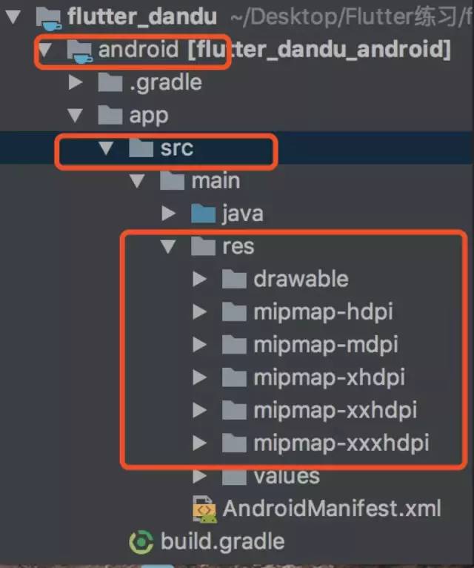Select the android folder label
click(138, 50)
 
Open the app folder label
click(148, 115)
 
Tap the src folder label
click(176, 148)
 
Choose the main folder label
click(216, 180)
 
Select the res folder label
click(238, 246)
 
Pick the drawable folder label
click(301, 279)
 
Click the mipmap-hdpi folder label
click(323, 311)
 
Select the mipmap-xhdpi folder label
click(329, 377)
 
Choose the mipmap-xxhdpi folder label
click(335, 409)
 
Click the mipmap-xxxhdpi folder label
click(341, 443)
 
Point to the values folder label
click(287, 475)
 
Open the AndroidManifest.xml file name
click(331, 508)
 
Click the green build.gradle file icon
click(141, 541)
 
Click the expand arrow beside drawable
click(199, 279)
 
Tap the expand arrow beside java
click(169, 214)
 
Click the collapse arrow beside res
click(168, 246)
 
